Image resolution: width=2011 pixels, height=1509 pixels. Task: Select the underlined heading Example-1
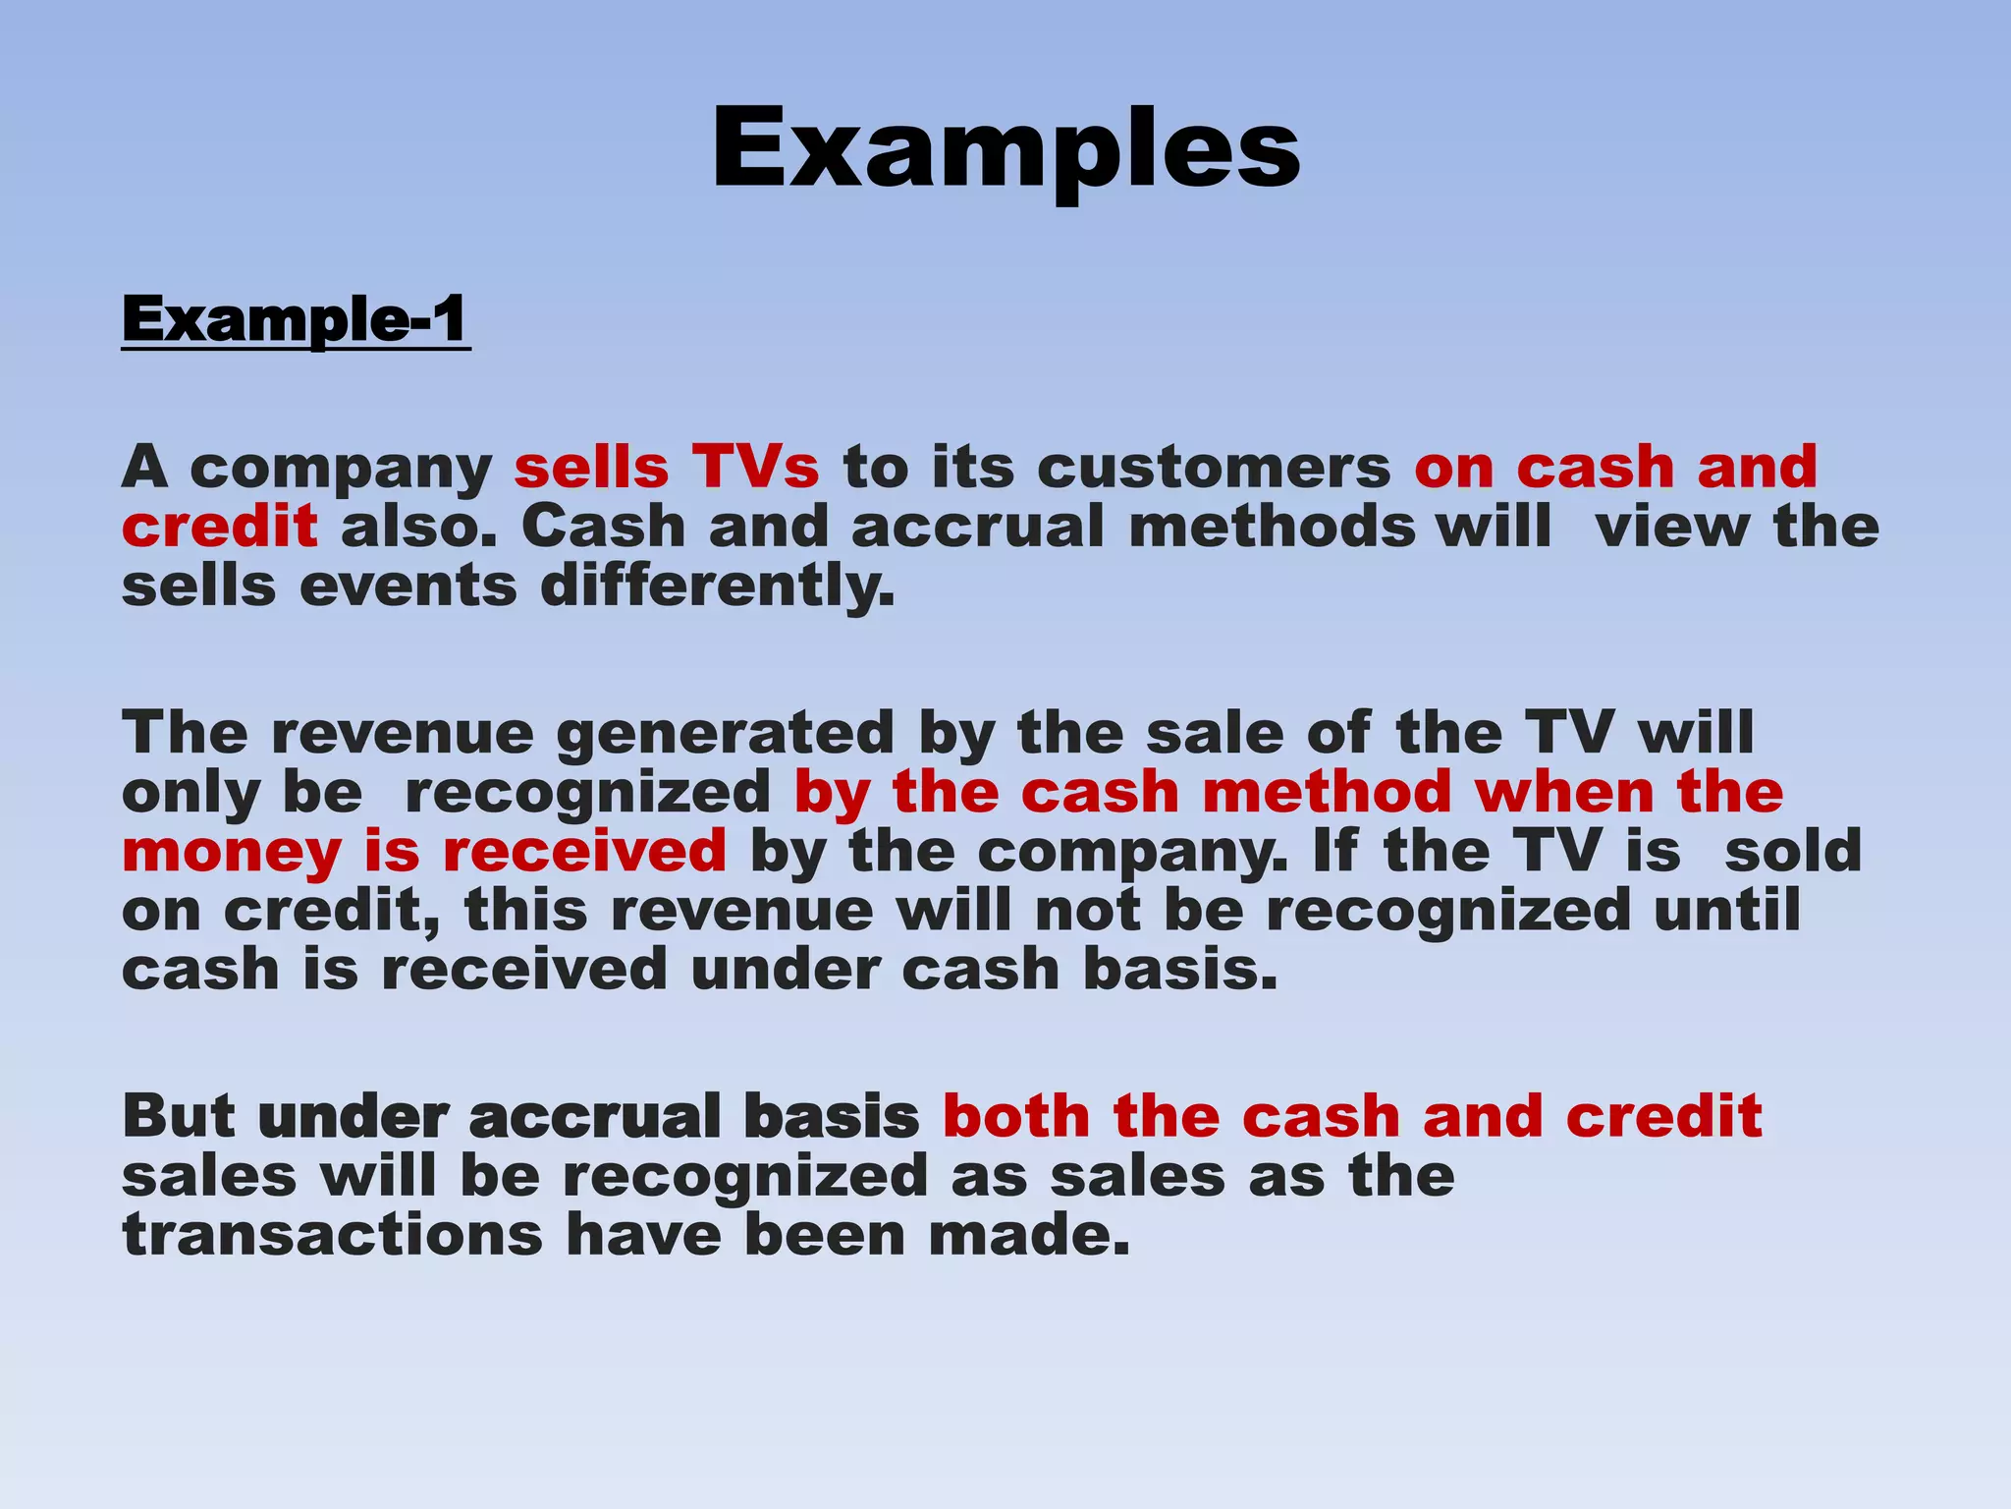pos(296,321)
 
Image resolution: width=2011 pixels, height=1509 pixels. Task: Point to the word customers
pos(1214,469)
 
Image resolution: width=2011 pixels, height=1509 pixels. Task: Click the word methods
pos(1273,528)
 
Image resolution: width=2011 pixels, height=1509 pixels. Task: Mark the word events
pos(408,587)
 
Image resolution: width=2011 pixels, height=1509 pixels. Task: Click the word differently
pos(718,587)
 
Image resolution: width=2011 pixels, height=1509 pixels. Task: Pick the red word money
pos(232,852)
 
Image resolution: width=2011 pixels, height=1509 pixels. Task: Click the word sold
pos(1793,852)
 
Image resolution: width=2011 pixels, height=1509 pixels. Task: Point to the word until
pos(1727,911)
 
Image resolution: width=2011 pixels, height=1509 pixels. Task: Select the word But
pos(180,1117)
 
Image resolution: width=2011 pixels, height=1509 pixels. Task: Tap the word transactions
pos(332,1235)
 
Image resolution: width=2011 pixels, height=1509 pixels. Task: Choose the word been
pos(825,1235)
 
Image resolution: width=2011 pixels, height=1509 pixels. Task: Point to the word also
pos(415,528)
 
